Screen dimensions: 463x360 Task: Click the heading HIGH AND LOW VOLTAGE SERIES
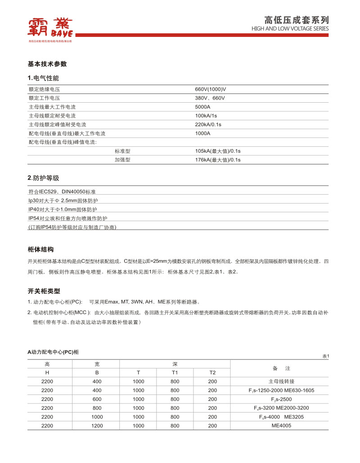(290, 29)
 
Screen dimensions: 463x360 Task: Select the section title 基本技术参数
(47, 64)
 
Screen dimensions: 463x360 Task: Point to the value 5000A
(203, 107)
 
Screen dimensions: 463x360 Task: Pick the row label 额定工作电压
(45, 98)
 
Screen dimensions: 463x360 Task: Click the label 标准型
(122, 151)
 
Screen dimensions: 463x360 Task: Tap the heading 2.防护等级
(44, 178)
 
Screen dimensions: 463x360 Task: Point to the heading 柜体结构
(41, 249)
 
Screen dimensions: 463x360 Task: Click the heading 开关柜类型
(44, 291)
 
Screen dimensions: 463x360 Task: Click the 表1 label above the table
(326, 356)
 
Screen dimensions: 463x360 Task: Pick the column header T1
(175, 372)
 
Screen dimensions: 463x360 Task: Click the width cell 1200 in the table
(97, 426)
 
